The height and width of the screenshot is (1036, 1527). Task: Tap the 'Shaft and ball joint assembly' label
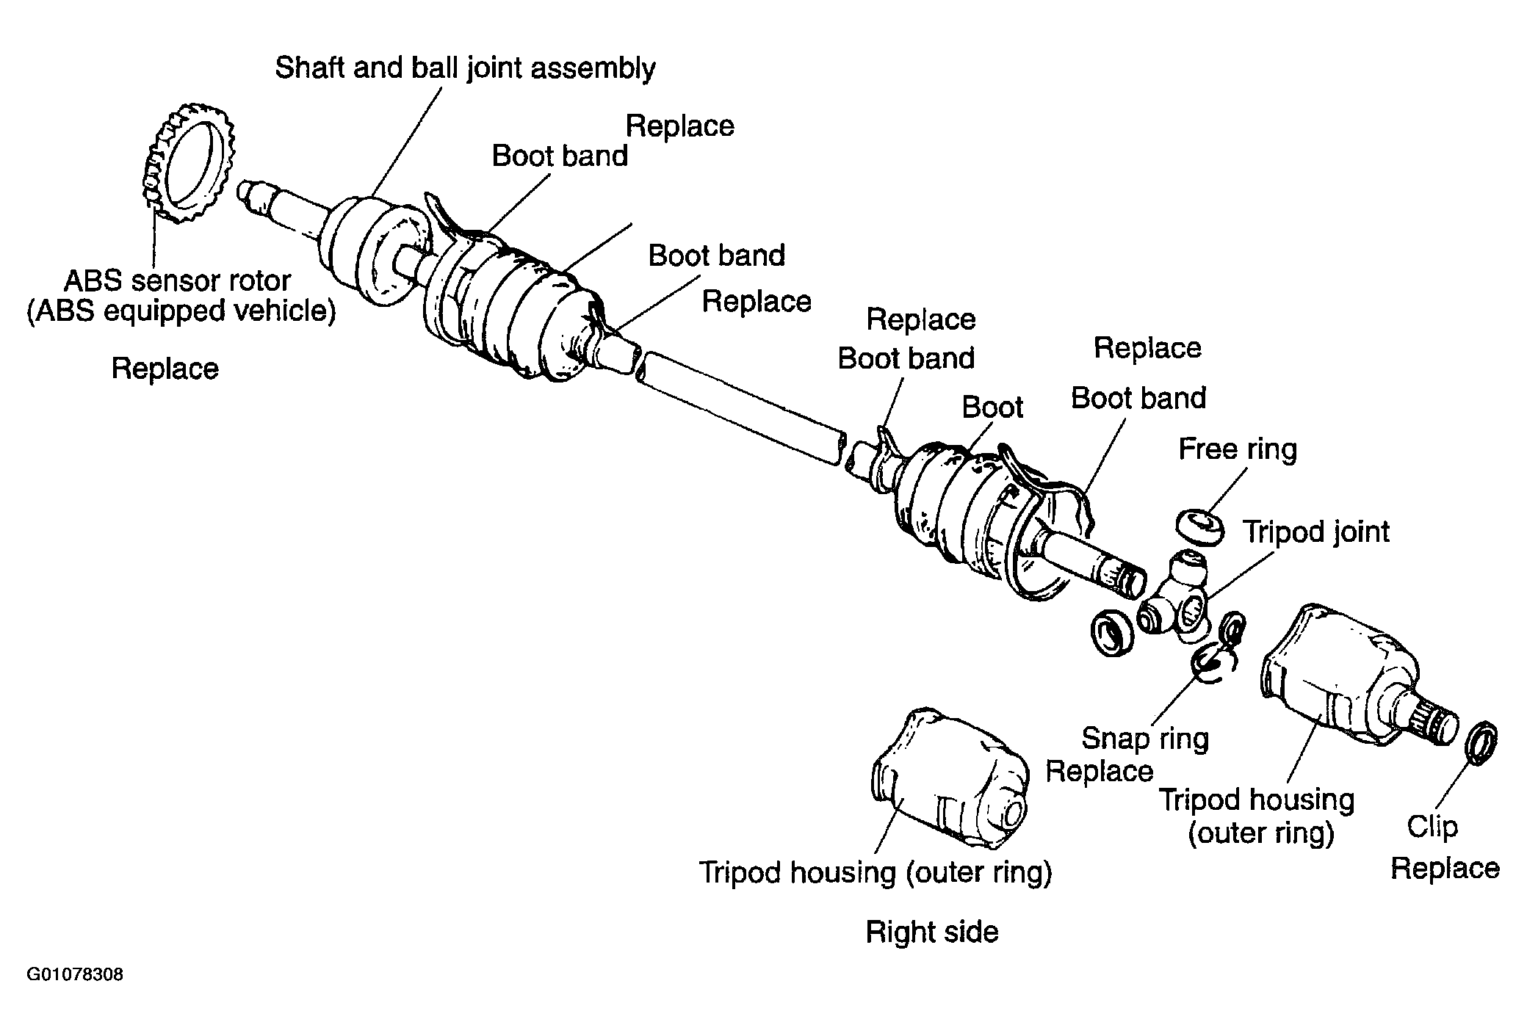(x=465, y=68)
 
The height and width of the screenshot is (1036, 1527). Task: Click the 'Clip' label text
(x=1432, y=827)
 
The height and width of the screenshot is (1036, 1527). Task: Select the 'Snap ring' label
(x=1145, y=739)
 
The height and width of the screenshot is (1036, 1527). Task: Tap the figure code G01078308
(x=75, y=976)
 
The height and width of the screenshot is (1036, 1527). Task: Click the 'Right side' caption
(x=932, y=932)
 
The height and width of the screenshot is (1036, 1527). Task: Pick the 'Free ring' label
(x=1238, y=449)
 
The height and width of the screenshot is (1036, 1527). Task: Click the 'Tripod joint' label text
(x=1315, y=532)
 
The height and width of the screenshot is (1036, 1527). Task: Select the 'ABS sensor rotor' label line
(x=178, y=280)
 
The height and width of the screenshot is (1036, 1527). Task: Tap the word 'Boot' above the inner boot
(x=992, y=407)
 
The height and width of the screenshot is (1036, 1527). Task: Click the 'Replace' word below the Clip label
(x=1445, y=869)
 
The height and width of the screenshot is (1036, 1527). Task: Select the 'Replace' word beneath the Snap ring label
(x=1099, y=771)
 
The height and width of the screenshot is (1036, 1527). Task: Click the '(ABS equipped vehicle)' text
(x=181, y=311)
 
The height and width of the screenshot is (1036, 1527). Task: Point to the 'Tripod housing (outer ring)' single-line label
(x=875, y=872)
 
